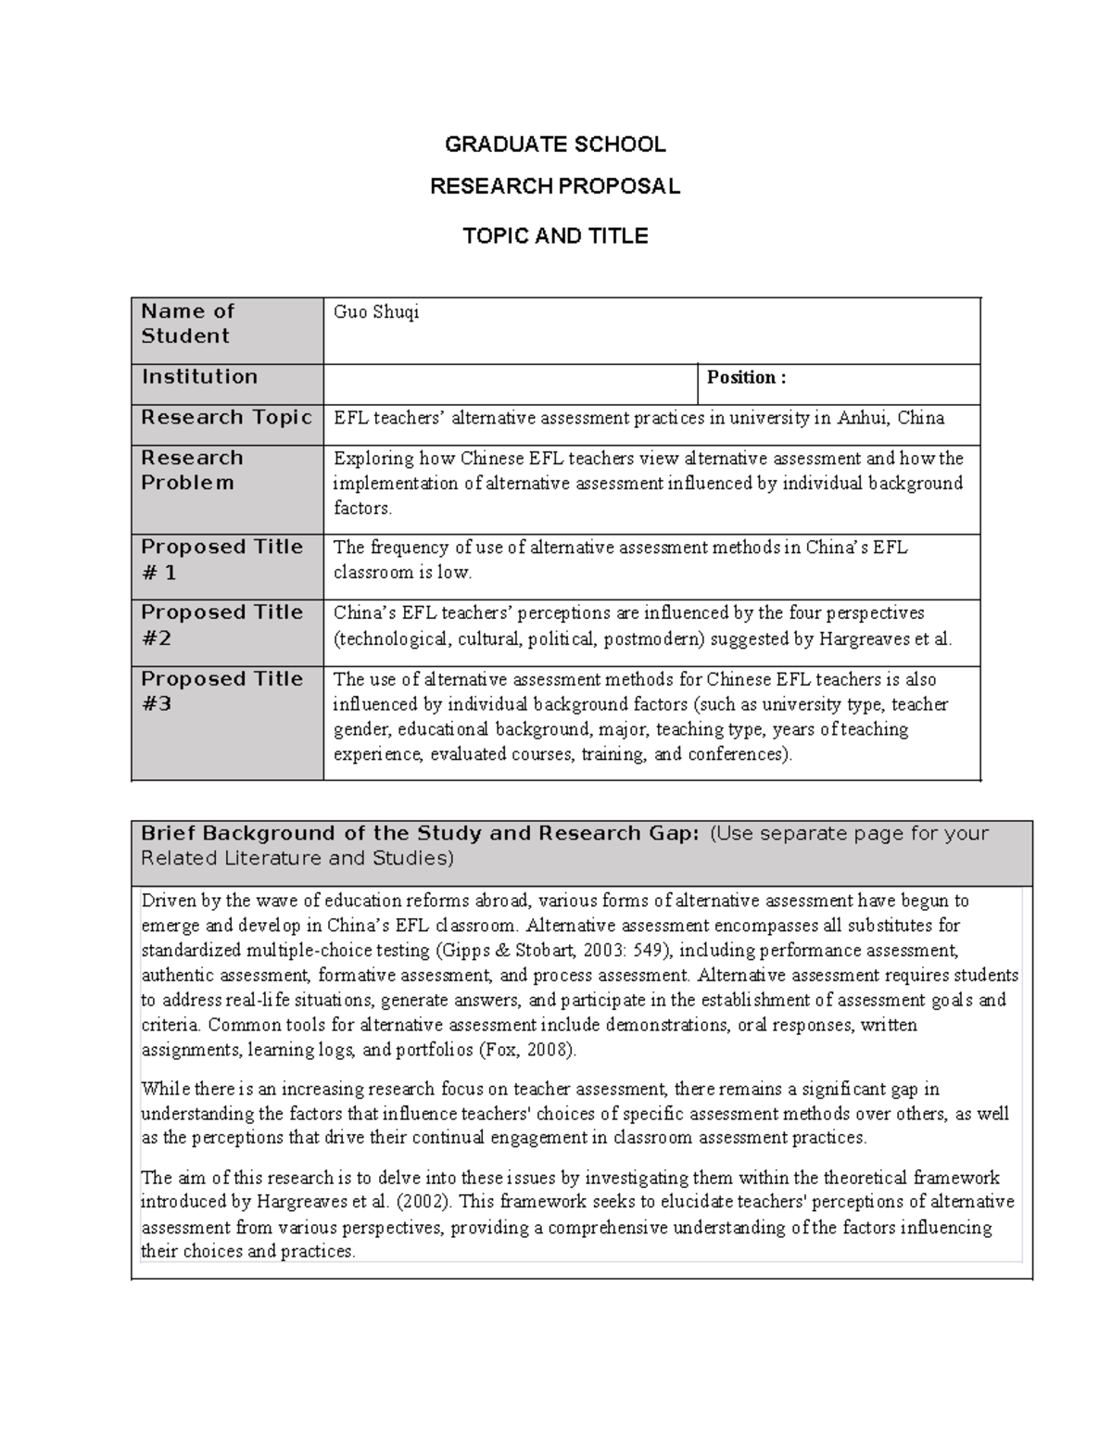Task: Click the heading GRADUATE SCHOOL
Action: click(555, 145)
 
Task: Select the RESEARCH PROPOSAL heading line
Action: click(555, 186)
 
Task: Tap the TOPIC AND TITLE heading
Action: click(555, 236)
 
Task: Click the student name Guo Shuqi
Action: click(376, 312)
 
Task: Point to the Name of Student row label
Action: click(187, 323)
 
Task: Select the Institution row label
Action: click(199, 376)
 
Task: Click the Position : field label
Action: click(746, 377)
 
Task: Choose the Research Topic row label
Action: click(226, 417)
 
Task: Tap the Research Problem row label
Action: click(192, 470)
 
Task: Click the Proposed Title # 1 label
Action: click(221, 560)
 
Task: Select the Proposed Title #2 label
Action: click(221, 625)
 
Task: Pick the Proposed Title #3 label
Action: click(221, 691)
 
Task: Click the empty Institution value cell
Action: click(510, 384)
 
